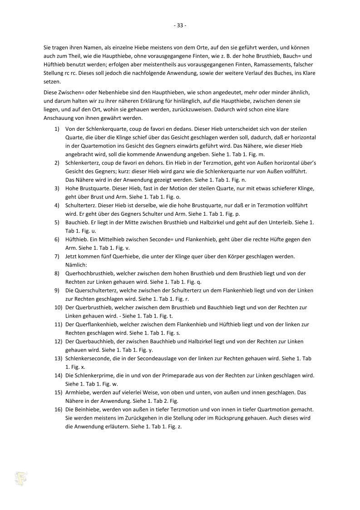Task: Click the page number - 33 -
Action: coord(180,25)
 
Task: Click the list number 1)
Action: coord(57,129)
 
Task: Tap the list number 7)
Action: coord(57,257)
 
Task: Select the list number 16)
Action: coord(57,410)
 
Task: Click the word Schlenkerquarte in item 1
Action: coord(99,129)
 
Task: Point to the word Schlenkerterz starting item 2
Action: coord(82,163)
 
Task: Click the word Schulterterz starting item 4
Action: coord(80,205)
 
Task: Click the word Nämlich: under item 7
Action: coord(76,265)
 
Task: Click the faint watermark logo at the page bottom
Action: coord(21,478)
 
